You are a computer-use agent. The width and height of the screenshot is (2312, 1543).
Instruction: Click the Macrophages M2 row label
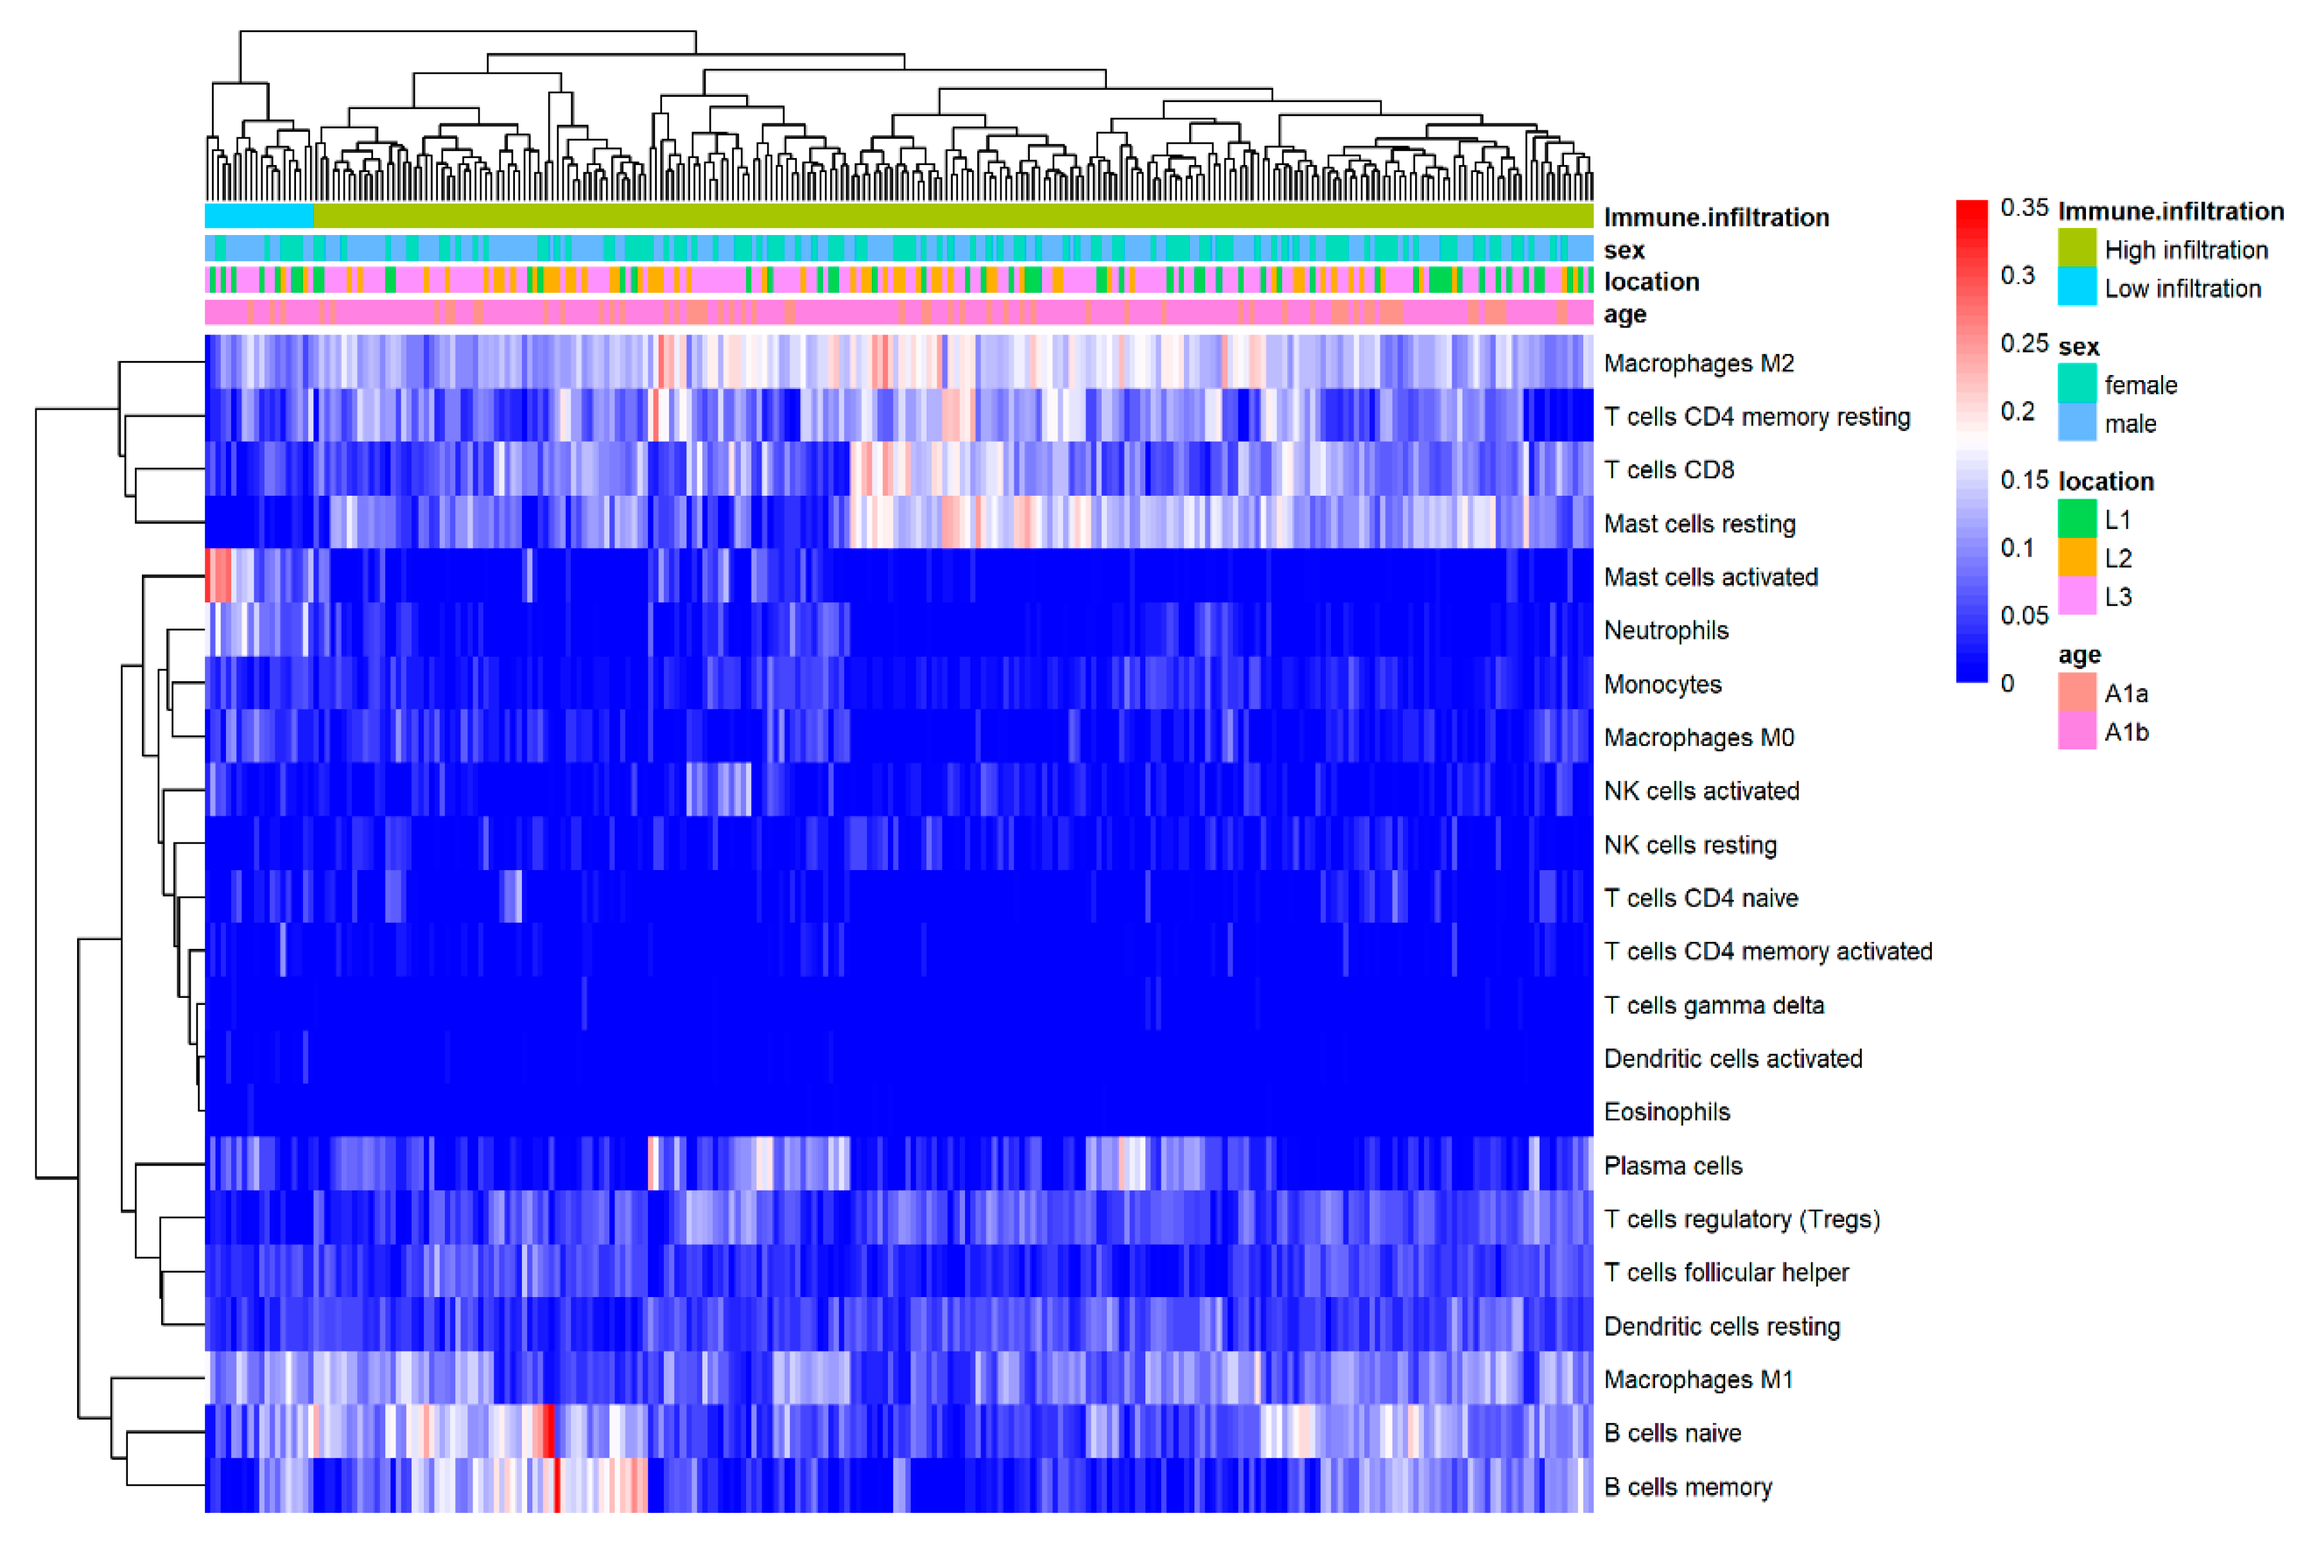click(1698, 363)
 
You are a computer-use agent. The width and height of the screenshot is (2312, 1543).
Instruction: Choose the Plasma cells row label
click(1673, 1165)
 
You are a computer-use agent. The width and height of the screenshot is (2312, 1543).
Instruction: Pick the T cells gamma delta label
click(1714, 1005)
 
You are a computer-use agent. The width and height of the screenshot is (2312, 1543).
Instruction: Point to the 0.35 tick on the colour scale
click(2024, 207)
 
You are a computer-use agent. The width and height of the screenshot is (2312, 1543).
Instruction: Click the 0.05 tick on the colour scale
click(2024, 615)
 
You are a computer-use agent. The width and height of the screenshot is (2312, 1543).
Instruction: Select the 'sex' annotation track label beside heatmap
click(1624, 249)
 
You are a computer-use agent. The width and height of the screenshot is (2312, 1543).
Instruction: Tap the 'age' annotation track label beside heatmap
click(1624, 314)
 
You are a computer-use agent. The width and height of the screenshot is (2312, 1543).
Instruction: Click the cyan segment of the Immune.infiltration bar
click(259, 216)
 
